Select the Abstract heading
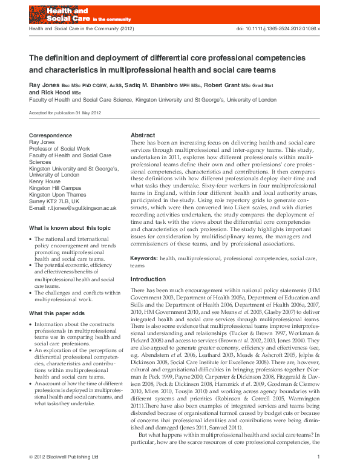143,135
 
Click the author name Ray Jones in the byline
45,86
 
